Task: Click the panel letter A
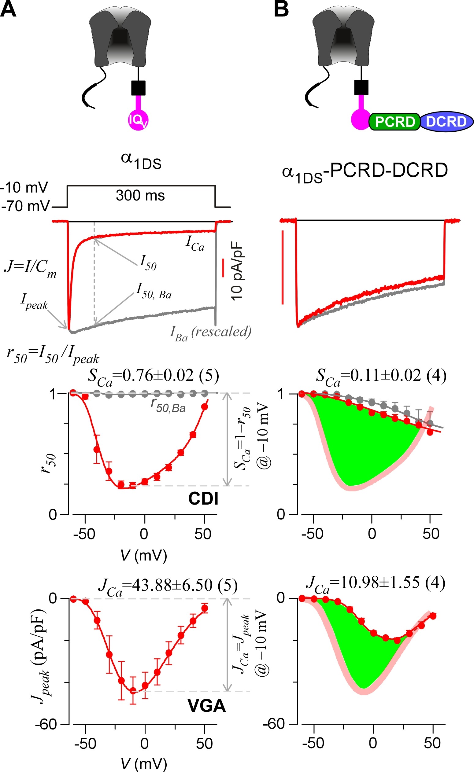point(8,9)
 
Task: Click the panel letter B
point(281,9)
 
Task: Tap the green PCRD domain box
point(394,122)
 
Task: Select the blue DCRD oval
point(446,122)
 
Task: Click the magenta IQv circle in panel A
point(138,120)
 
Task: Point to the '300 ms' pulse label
point(140,196)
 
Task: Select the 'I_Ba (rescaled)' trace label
point(210,333)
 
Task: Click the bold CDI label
point(203,498)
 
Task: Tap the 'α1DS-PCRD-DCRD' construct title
point(365,172)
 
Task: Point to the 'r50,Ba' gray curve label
point(168,406)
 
